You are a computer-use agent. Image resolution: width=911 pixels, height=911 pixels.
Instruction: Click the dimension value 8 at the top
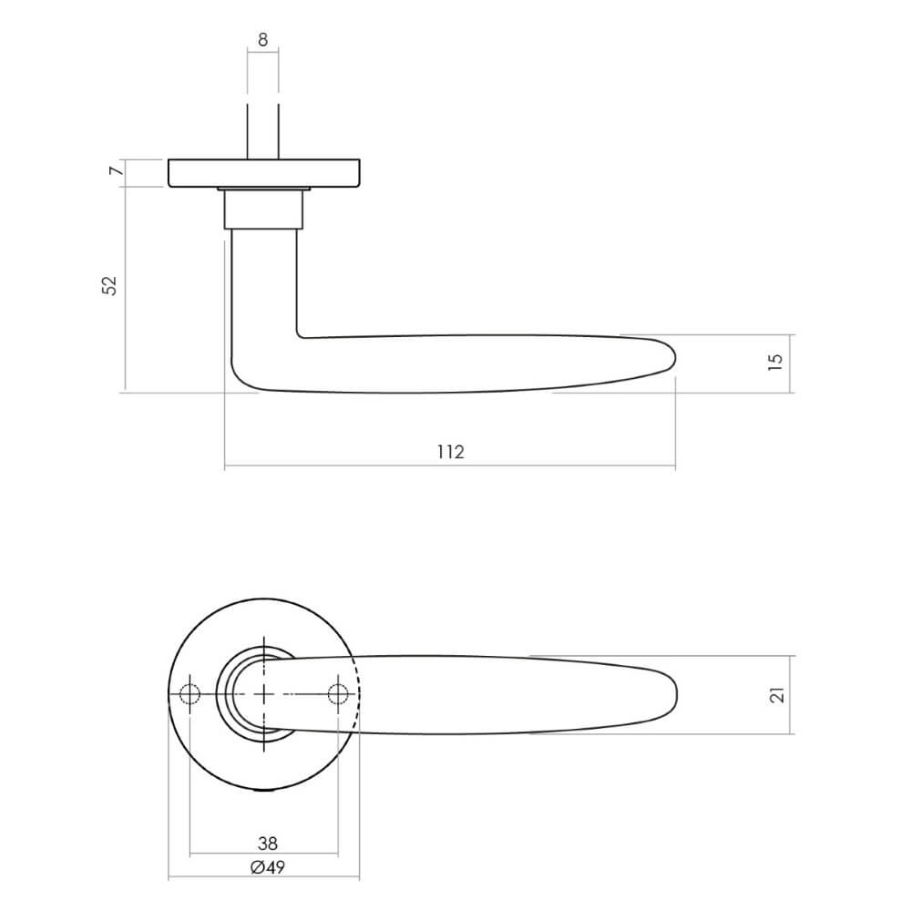[x=262, y=39]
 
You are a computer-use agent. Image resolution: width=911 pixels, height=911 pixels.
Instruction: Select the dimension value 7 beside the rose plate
[x=114, y=172]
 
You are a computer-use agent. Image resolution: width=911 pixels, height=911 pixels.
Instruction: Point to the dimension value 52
[x=110, y=285]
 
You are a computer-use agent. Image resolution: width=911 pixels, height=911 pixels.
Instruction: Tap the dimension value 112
[x=450, y=453]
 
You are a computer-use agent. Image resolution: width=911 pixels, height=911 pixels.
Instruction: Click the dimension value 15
[x=775, y=362]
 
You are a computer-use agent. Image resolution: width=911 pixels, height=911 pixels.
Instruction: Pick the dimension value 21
[x=776, y=695]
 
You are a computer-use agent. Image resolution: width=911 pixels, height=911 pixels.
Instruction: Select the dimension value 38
[x=268, y=844]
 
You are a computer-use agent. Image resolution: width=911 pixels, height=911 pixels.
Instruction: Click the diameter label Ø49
[x=268, y=867]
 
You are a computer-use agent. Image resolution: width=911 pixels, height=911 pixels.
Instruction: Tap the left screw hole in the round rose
[x=189, y=695]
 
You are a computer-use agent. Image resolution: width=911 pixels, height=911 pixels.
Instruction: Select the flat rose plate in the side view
[x=264, y=173]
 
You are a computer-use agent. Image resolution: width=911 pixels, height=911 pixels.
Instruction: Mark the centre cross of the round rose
[x=264, y=695]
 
